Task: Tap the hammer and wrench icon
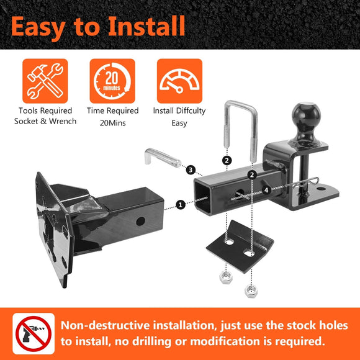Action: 45,81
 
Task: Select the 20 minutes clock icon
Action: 112,81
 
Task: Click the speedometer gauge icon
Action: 179,81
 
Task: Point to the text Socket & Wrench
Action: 45,122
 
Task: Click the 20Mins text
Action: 112,122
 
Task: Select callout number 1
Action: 180,204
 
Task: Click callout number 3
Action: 191,169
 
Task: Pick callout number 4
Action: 266,191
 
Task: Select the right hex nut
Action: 251,290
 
